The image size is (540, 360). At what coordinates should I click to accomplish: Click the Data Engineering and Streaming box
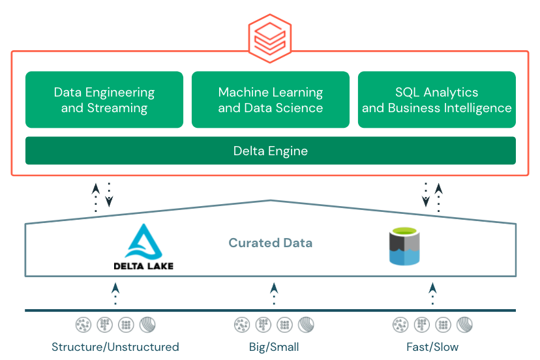pyautogui.click(x=104, y=100)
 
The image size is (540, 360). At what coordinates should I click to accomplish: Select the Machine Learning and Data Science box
pyautogui.click(x=271, y=100)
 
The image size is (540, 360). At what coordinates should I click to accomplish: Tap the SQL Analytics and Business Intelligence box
pyautogui.click(x=437, y=100)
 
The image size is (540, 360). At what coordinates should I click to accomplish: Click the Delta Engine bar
pyautogui.click(x=271, y=151)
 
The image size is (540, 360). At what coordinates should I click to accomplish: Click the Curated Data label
pyautogui.click(x=271, y=243)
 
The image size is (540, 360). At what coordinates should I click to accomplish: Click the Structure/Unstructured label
pyautogui.click(x=115, y=347)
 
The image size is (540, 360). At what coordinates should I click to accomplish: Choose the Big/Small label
pyautogui.click(x=274, y=347)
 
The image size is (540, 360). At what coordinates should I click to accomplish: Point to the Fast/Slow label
pyautogui.click(x=432, y=347)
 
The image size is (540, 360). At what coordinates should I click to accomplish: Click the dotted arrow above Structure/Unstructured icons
pyautogui.click(x=115, y=293)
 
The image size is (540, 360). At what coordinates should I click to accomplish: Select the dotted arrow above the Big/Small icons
pyautogui.click(x=274, y=293)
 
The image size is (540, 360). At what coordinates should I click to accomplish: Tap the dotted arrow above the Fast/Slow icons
pyautogui.click(x=432, y=293)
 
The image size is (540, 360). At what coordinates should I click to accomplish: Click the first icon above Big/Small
pyautogui.click(x=242, y=324)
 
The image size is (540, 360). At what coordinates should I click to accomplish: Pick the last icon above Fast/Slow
pyautogui.click(x=464, y=324)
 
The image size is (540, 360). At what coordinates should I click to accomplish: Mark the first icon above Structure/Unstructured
pyautogui.click(x=83, y=324)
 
